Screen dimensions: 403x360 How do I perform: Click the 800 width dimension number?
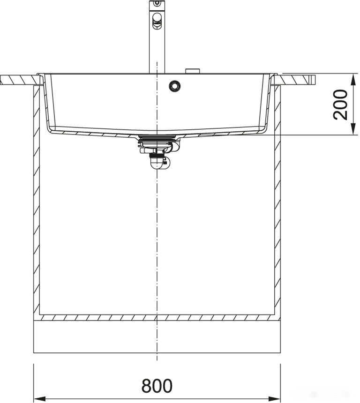click(157, 386)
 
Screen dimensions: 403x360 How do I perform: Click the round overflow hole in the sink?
click(175, 86)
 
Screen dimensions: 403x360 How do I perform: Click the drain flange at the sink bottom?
click(157, 137)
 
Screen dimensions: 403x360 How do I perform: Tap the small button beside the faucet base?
click(193, 71)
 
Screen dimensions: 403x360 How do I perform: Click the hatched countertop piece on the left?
click(19, 80)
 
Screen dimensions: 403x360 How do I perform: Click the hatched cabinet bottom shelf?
click(157, 317)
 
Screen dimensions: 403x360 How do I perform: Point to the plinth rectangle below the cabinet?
click(157, 336)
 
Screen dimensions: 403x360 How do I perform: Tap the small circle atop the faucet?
click(157, 3)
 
